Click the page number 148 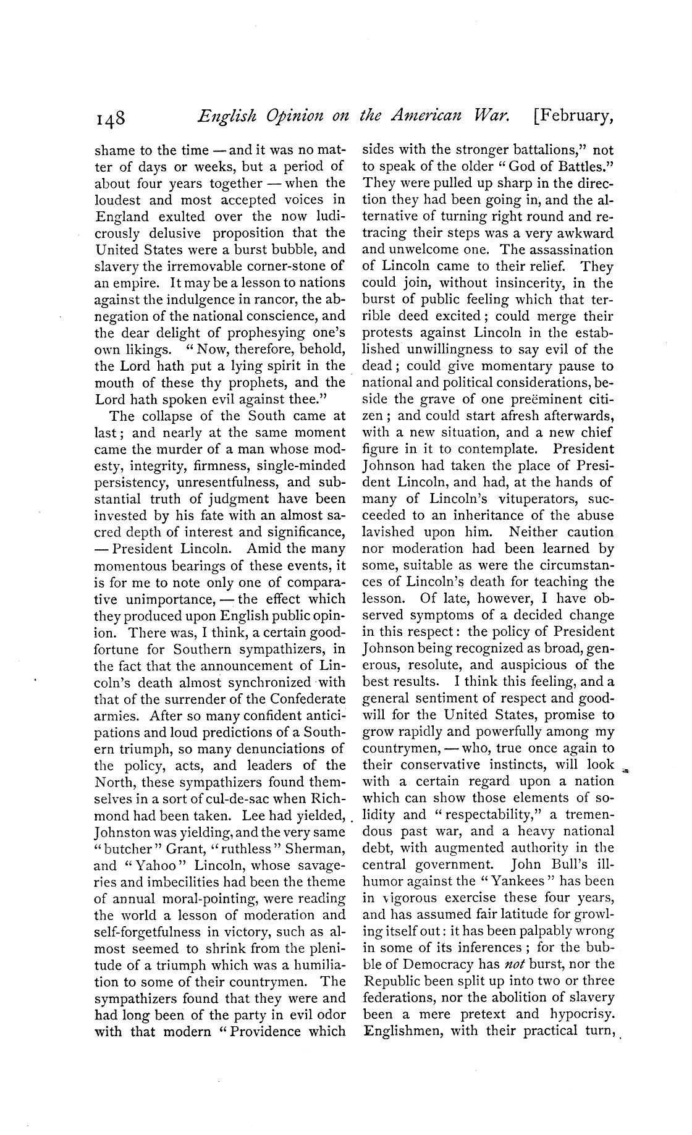[x=111, y=117]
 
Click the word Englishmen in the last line [x=403, y=1032]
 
